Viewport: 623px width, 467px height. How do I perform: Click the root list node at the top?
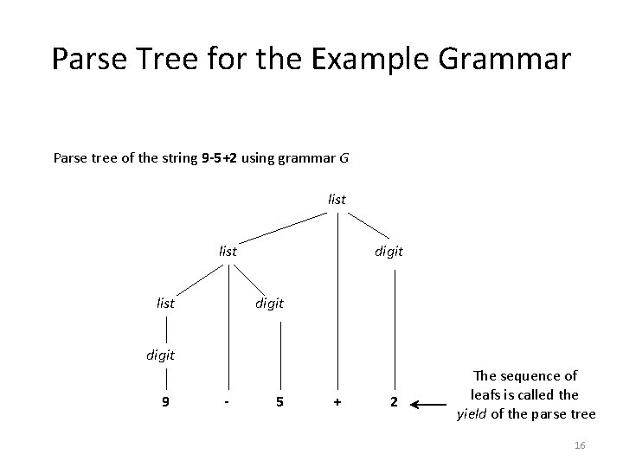[337, 199]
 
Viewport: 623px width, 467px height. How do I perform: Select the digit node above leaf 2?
[389, 252]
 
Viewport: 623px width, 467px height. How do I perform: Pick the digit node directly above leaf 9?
[160, 355]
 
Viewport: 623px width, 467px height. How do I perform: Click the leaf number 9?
[165, 402]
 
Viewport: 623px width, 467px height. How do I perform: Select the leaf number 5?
[279, 402]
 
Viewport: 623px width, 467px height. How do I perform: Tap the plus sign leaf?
[337, 402]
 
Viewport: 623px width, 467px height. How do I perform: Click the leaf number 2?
[394, 402]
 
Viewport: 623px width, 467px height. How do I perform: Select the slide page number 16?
[580, 445]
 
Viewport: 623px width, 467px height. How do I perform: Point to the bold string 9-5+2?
[222, 158]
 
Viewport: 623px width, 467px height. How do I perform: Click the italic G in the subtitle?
[344, 158]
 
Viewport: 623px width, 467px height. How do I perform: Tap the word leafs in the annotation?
[488, 394]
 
